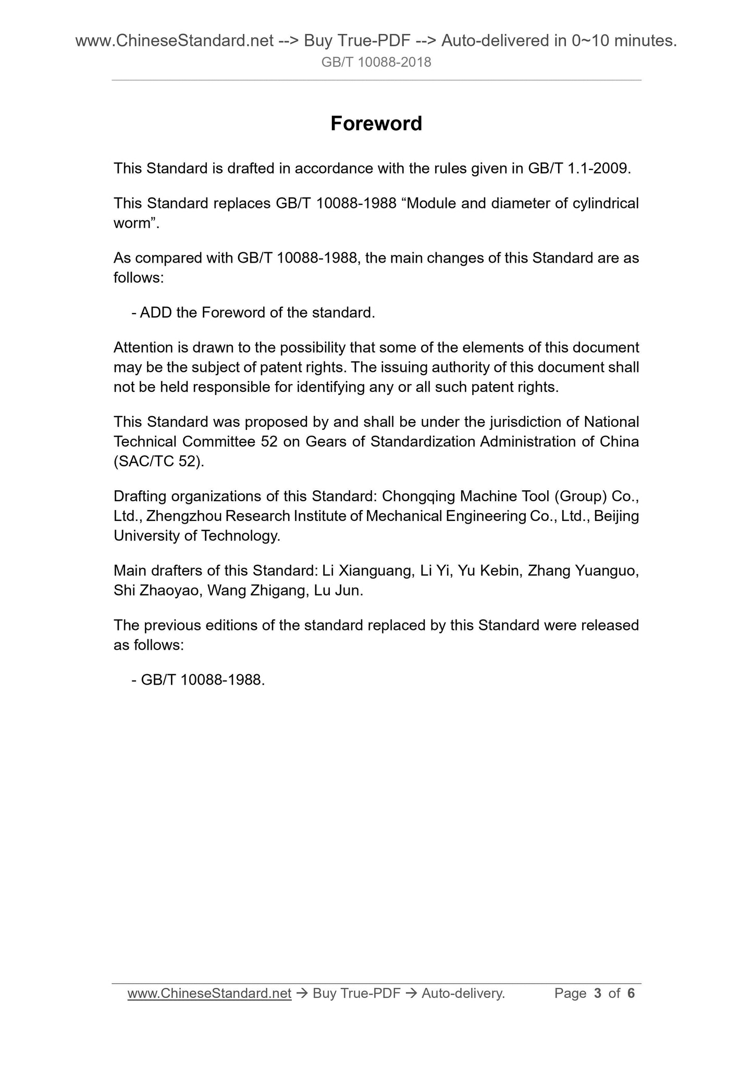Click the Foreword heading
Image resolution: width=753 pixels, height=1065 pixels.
point(376,124)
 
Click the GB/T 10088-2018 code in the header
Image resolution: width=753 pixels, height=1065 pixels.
point(376,63)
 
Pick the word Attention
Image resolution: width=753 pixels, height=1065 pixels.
point(143,348)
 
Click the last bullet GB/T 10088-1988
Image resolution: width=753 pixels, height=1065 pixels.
point(203,680)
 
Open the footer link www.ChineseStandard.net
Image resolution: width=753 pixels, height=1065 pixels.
point(209,994)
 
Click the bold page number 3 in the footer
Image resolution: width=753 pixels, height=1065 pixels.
point(597,994)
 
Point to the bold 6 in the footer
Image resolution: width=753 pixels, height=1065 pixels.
point(631,994)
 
